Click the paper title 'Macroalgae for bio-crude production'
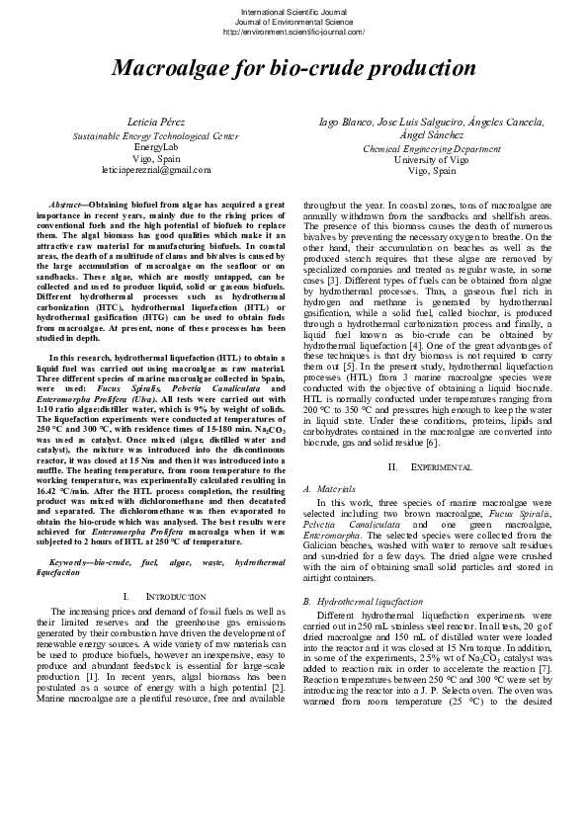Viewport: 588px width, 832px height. [x=294, y=68]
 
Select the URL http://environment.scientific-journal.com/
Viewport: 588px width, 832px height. [x=294, y=31]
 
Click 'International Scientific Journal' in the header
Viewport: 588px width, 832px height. [x=294, y=11]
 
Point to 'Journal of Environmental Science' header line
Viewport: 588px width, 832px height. [x=294, y=21]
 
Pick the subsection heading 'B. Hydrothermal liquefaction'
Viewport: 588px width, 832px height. [x=362, y=601]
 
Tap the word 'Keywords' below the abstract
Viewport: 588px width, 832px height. [x=67, y=562]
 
